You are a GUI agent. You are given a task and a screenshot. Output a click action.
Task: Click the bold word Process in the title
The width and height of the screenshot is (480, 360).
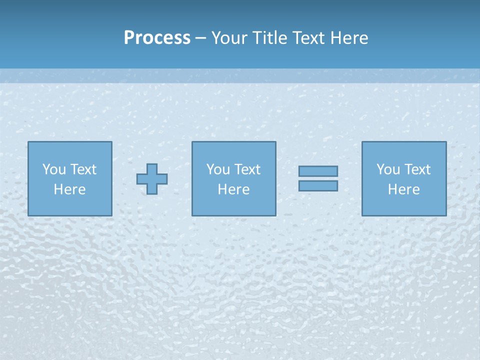(x=157, y=38)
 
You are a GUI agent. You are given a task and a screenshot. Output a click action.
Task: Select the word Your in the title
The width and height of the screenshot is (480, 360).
(x=229, y=38)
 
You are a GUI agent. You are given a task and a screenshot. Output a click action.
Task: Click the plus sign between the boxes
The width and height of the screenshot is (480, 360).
(x=152, y=178)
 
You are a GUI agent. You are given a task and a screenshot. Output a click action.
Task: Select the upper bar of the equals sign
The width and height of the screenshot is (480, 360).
(x=318, y=171)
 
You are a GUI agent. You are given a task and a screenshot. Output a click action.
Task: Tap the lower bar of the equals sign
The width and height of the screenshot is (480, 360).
(x=318, y=185)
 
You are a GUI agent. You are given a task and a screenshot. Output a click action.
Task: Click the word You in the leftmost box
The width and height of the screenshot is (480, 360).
(x=54, y=169)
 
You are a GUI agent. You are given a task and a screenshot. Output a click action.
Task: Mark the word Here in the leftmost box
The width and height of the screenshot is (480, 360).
(x=69, y=189)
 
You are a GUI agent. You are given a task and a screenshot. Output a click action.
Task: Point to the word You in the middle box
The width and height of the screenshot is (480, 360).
(x=218, y=169)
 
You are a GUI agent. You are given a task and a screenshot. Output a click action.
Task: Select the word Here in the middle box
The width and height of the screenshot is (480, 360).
(x=233, y=189)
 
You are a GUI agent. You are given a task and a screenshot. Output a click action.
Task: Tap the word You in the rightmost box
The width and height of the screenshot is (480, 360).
(x=388, y=169)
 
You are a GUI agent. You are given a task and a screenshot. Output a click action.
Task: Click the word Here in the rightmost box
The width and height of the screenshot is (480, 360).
(x=403, y=189)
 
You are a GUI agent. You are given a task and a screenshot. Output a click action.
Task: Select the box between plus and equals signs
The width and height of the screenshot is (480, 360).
(x=233, y=205)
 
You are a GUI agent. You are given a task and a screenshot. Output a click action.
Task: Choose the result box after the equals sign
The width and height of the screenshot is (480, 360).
(x=403, y=205)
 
